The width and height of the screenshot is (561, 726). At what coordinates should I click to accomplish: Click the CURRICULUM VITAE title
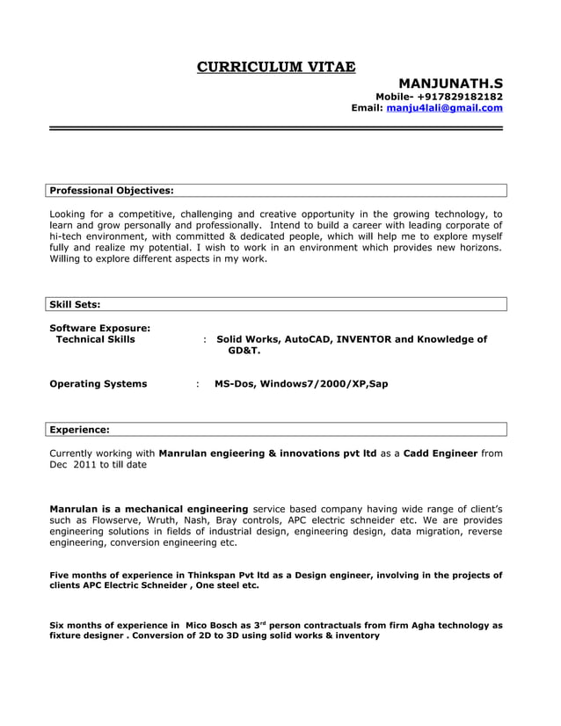coord(276,67)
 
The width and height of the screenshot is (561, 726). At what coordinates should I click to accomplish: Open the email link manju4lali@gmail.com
coord(444,108)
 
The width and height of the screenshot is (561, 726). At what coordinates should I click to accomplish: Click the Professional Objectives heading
coord(112,190)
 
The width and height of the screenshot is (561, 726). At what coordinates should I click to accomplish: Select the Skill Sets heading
coord(75,304)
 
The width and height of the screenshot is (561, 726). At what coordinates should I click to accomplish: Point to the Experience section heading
coord(79,430)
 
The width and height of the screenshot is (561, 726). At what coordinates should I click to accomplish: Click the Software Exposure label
coord(99,328)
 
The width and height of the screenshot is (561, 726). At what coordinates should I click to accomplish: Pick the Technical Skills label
coord(96,339)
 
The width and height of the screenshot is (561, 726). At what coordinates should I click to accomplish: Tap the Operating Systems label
coord(98,384)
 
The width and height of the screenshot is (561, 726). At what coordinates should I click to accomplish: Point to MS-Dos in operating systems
coord(234,384)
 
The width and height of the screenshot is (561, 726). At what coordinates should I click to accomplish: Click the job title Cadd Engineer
coord(441,454)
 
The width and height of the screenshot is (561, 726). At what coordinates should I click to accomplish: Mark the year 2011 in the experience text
coord(85,465)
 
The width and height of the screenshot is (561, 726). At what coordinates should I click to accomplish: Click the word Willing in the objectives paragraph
coord(68,259)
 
